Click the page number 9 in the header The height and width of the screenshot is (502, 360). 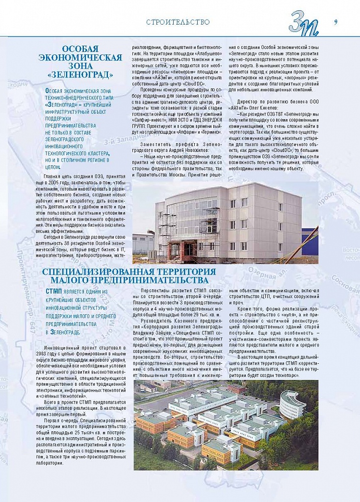tap(336, 21)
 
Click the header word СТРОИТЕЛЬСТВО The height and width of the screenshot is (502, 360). tap(178, 22)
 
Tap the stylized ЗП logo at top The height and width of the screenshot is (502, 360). tap(304, 23)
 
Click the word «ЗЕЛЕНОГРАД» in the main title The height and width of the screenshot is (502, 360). tap(80, 75)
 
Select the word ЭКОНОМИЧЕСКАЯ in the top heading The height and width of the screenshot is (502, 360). tap(80, 57)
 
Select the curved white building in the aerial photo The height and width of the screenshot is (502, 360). tap(292, 404)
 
